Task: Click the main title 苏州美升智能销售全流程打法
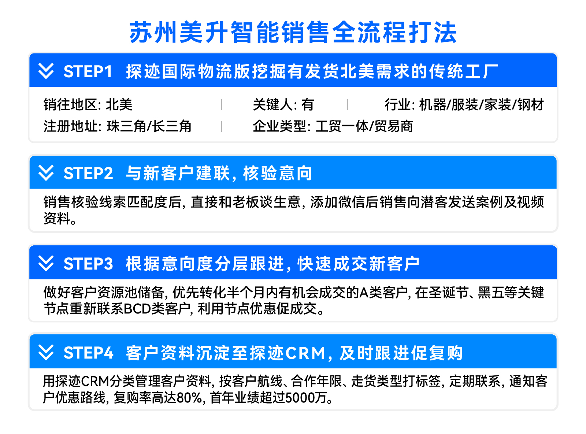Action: [x=293, y=32]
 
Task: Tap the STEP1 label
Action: [x=88, y=71]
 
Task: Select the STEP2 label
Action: [x=88, y=173]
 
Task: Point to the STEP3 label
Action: [x=88, y=264]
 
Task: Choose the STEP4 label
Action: [x=89, y=353]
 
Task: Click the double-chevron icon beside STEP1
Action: [x=46, y=71]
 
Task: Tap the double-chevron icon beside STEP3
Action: [x=46, y=263]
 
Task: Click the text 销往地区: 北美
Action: [x=88, y=104]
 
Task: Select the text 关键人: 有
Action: [x=283, y=104]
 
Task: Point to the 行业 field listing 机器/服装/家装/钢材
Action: [x=464, y=104]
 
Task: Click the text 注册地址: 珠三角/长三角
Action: [x=117, y=126]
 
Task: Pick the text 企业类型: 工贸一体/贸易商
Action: [x=333, y=126]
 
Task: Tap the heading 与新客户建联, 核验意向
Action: [x=219, y=173]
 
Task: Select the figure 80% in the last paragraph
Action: [x=189, y=397]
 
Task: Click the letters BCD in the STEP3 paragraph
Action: [x=137, y=308]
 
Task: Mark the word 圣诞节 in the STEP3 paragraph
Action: [x=448, y=292]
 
